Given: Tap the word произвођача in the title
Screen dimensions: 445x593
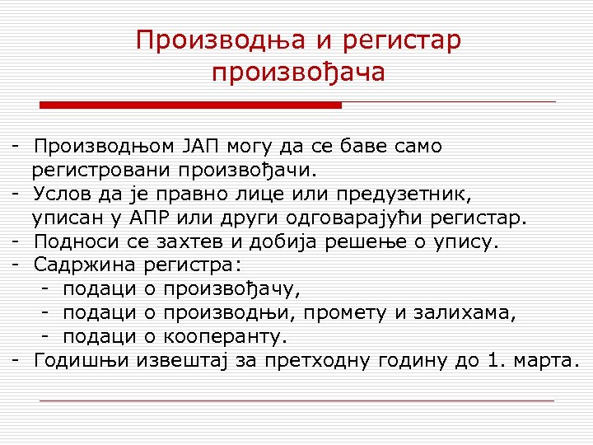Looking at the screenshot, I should [298, 73].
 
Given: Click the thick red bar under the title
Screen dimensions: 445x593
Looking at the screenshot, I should [191, 105].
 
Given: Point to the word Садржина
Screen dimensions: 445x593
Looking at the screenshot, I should [86, 266].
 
